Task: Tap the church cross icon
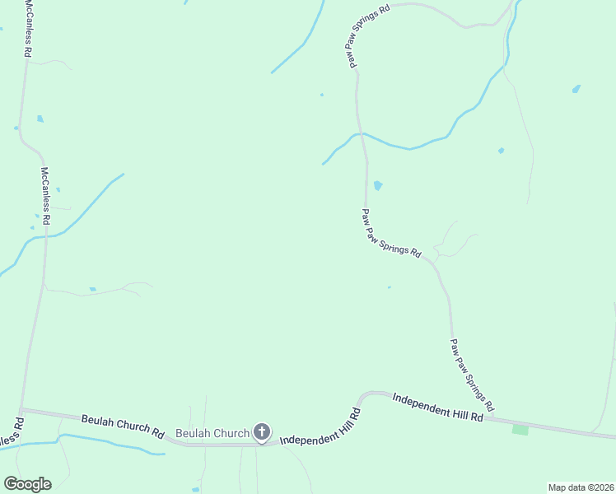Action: [x=261, y=431]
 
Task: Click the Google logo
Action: [x=27, y=484]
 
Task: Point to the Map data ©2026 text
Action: [x=581, y=487]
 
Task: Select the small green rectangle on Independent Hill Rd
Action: [x=520, y=430]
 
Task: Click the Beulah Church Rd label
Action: [x=123, y=425]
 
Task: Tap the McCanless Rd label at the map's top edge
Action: [x=28, y=29]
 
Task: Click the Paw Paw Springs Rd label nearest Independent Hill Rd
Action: [x=472, y=375]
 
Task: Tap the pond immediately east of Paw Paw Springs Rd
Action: [x=378, y=186]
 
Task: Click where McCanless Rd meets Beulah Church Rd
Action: [x=22, y=409]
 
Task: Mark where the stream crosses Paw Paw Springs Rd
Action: [x=361, y=133]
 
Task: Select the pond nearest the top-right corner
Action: [x=576, y=88]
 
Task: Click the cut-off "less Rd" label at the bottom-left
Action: [x=11, y=436]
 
